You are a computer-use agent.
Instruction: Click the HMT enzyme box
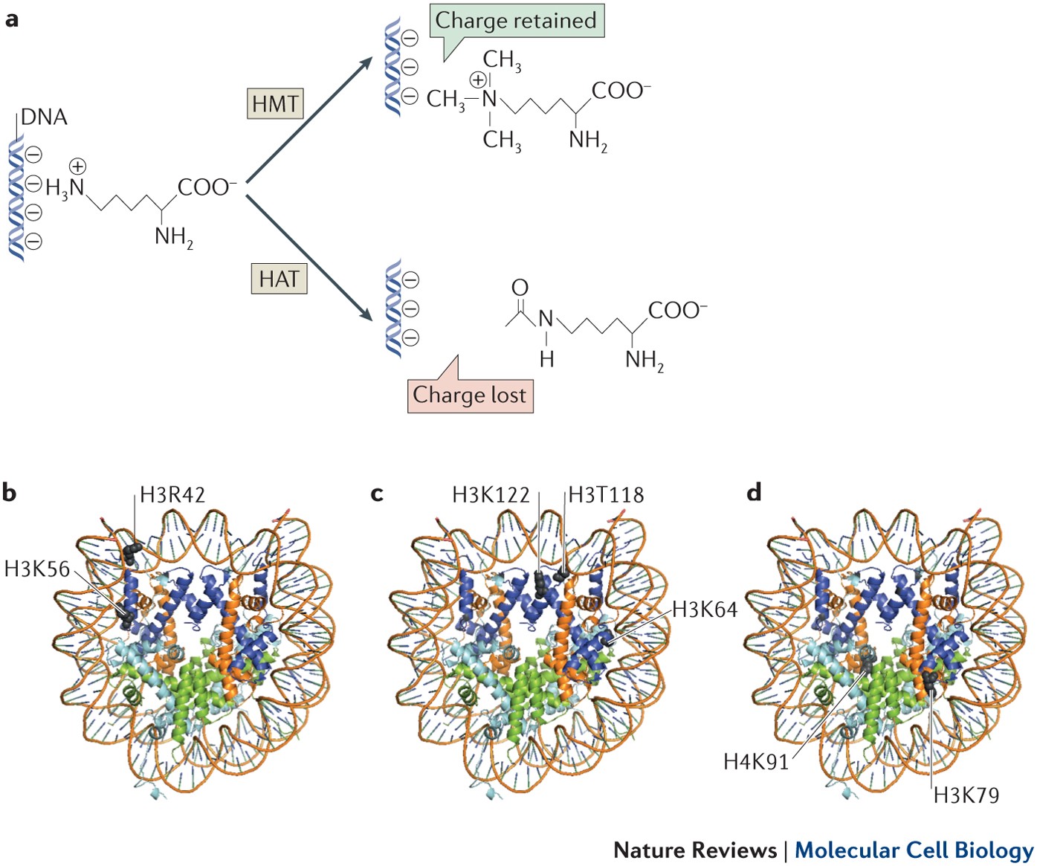(x=275, y=103)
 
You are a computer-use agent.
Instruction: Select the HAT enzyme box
(x=279, y=279)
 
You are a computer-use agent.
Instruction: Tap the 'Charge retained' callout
(x=516, y=21)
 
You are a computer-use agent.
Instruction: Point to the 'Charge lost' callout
(x=470, y=395)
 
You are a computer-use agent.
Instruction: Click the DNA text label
(x=44, y=117)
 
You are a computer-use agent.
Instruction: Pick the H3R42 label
(x=172, y=495)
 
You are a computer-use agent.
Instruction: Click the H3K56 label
(x=37, y=569)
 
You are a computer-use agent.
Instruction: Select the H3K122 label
(x=491, y=495)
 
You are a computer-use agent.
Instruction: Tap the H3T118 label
(x=606, y=495)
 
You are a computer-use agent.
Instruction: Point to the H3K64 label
(x=705, y=610)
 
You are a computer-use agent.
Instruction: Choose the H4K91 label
(x=756, y=761)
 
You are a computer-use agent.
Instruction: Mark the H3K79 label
(x=966, y=795)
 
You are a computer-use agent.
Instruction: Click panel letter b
(x=9, y=493)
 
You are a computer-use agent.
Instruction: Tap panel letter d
(x=754, y=493)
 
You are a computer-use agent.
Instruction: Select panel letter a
(x=11, y=19)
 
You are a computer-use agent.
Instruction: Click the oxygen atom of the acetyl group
(x=520, y=288)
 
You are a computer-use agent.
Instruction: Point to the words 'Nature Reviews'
(x=695, y=850)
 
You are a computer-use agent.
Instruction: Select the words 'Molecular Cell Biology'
(x=914, y=850)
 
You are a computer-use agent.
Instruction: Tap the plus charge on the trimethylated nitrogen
(x=478, y=80)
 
